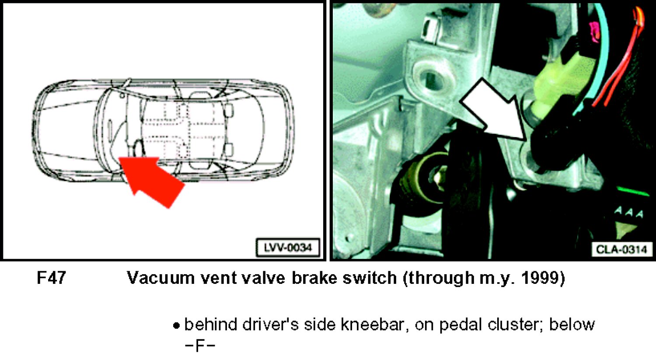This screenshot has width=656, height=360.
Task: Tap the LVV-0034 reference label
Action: pyautogui.click(x=288, y=248)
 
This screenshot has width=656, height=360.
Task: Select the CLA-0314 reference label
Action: pyautogui.click(x=621, y=250)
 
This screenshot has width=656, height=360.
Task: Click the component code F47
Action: pyautogui.click(x=51, y=277)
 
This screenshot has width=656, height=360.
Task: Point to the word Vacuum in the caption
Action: pyautogui.click(x=161, y=277)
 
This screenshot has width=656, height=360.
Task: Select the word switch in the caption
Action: pyautogui.click(x=370, y=277)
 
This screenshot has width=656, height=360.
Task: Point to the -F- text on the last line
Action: pyautogui.click(x=200, y=346)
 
